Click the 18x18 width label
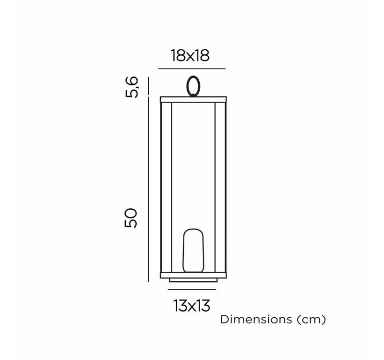click(190, 56)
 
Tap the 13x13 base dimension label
click(192, 306)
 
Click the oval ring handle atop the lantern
click(192, 86)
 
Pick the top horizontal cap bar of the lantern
click(192, 99)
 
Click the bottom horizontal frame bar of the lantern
click(192, 275)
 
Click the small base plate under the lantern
click(192, 280)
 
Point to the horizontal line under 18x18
click(192, 69)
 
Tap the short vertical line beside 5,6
click(148, 86)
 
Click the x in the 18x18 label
click(190, 57)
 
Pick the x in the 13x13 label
click(192, 306)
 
